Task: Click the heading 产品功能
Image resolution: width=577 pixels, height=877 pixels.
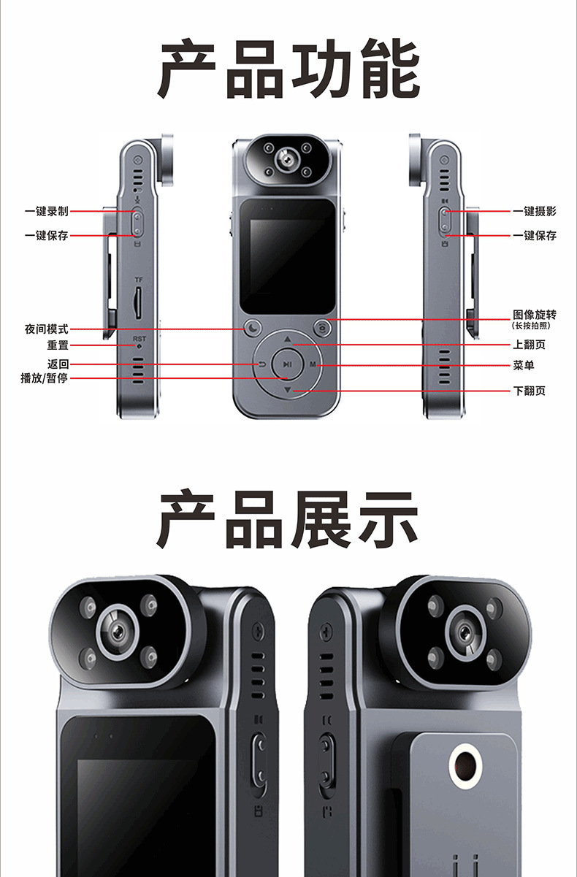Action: click(x=288, y=71)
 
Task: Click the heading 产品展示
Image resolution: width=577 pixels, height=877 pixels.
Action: click(x=288, y=519)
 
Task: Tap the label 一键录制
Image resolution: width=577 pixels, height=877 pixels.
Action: click(x=47, y=211)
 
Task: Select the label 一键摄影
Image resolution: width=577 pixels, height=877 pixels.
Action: click(x=535, y=211)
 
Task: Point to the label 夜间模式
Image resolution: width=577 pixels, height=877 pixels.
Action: click(x=47, y=329)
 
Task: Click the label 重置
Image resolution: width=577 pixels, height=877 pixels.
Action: click(x=58, y=345)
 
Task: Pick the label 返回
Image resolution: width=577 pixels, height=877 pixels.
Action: click(x=58, y=364)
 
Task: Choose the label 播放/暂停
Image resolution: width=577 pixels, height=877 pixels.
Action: click(x=44, y=378)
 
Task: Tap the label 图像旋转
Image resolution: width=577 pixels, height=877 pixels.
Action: click(x=535, y=315)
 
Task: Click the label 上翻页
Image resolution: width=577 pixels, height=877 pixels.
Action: click(x=530, y=345)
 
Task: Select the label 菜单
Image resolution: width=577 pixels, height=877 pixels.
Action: click(x=524, y=364)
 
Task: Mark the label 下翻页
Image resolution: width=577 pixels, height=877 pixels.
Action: click(x=530, y=391)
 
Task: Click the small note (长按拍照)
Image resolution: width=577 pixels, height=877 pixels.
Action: click(x=531, y=326)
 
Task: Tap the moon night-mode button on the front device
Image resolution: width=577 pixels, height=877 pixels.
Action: click(x=253, y=329)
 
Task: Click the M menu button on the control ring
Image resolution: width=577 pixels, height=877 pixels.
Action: click(x=313, y=364)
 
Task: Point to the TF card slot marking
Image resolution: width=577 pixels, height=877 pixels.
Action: click(x=139, y=280)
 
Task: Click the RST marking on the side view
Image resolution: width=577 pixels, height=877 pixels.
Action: click(x=139, y=338)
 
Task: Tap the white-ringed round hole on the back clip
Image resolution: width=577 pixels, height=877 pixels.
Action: click(x=465, y=765)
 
